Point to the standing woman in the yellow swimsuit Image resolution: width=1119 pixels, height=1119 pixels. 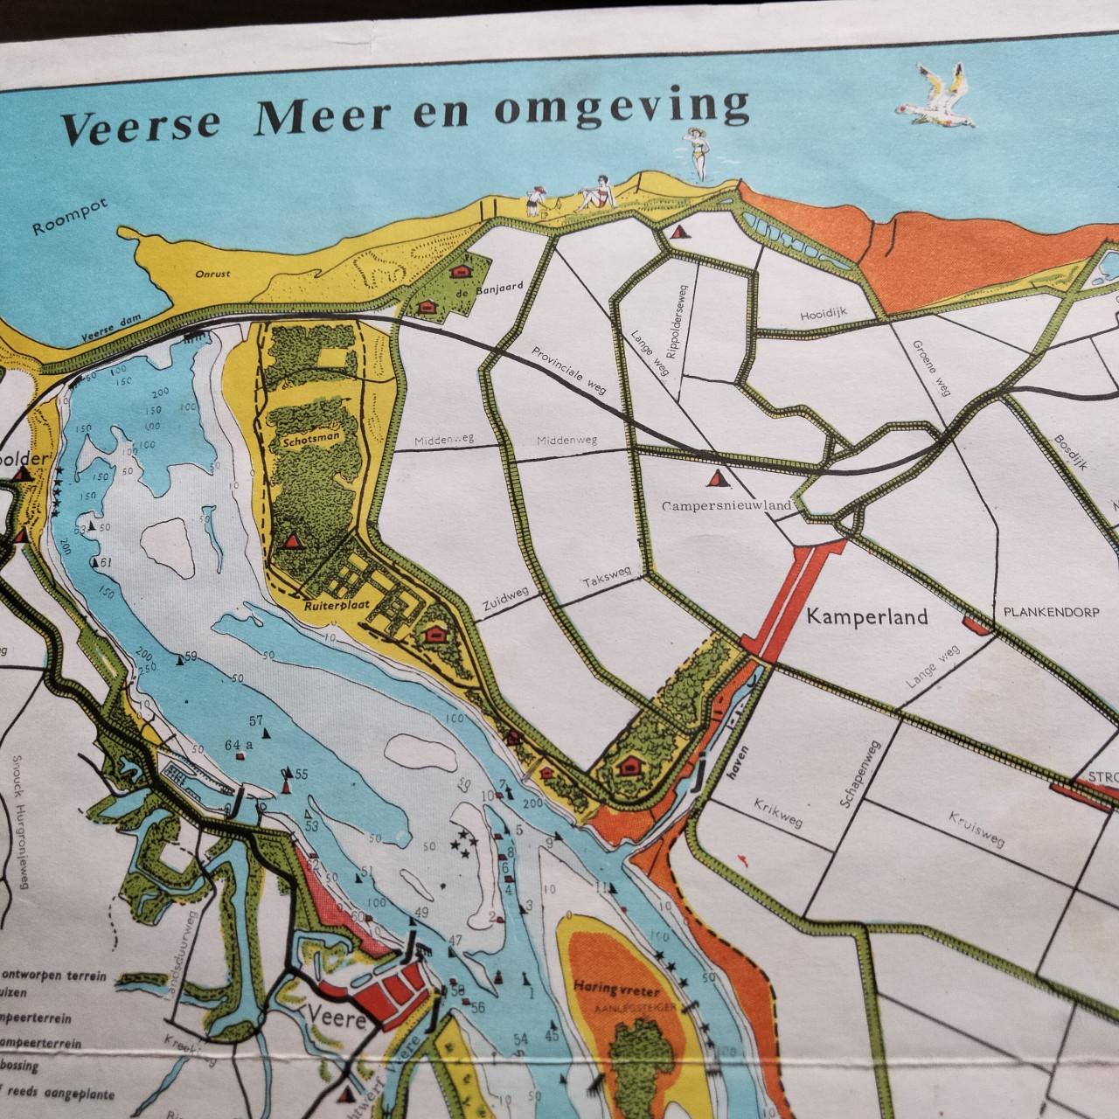pyautogui.click(x=698, y=152)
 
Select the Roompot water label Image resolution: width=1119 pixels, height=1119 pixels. pyautogui.click(x=63, y=224)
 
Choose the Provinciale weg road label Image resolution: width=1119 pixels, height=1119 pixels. pyautogui.click(x=567, y=370)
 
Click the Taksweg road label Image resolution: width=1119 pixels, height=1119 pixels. pyautogui.click(x=607, y=585)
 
